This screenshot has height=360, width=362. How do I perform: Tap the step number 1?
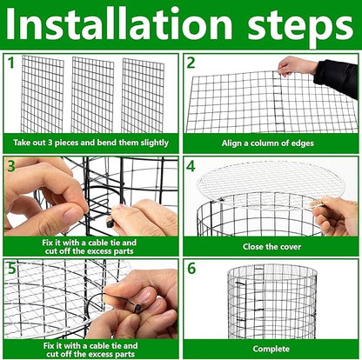(11, 63)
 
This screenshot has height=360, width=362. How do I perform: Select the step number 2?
(191, 63)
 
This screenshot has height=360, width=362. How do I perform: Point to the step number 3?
(11, 164)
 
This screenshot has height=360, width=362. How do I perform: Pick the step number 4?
(191, 164)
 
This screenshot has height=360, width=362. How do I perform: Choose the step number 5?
(11, 268)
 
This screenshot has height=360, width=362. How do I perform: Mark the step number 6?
(191, 268)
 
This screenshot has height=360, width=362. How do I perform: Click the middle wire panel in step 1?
(93, 94)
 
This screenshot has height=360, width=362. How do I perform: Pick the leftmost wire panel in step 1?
(43, 94)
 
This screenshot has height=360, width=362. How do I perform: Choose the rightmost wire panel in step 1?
(143, 94)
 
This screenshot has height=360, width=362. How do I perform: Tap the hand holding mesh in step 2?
(296, 66)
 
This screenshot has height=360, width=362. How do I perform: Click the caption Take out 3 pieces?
(91, 141)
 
